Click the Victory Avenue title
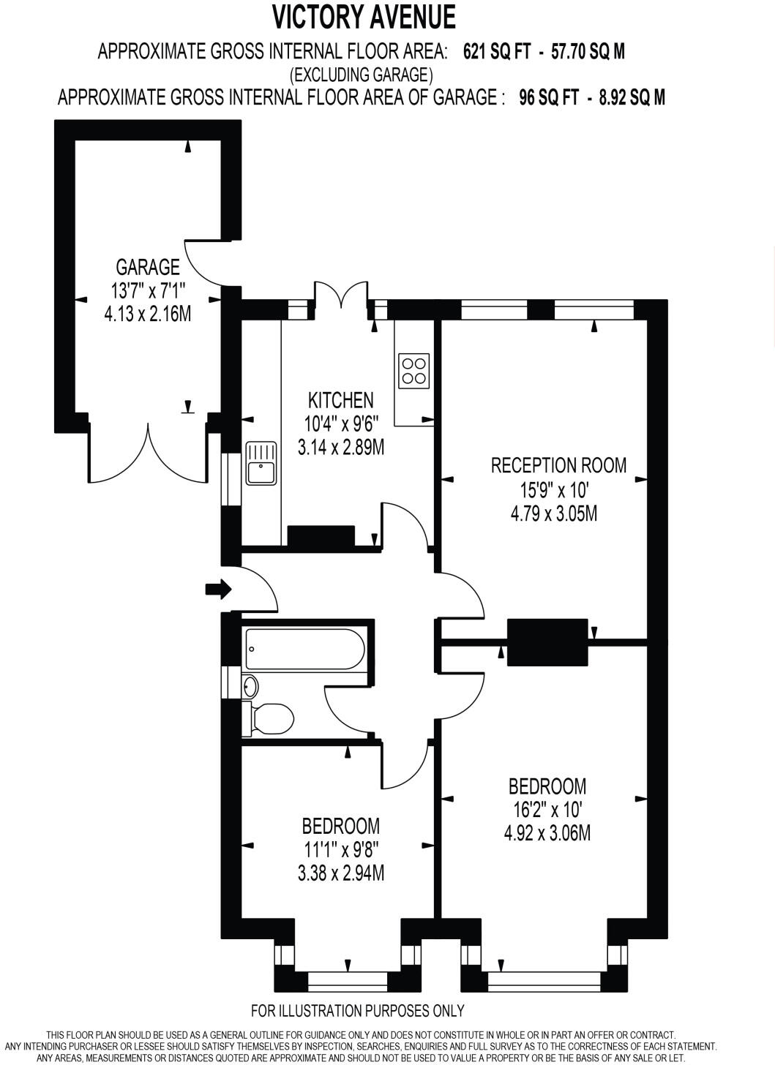pos(364,16)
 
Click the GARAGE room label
pos(147,266)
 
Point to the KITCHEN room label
pos(340,400)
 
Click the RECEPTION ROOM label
pos(558,465)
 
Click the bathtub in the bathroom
pos(304,648)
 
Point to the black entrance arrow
pos(218,589)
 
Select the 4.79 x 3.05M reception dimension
pos(553,513)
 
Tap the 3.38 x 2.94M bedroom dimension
pos(340,873)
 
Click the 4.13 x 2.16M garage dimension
pos(148,315)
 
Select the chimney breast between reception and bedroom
pos(547,641)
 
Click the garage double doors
pos(149,457)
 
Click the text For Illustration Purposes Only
pos(357,1011)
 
